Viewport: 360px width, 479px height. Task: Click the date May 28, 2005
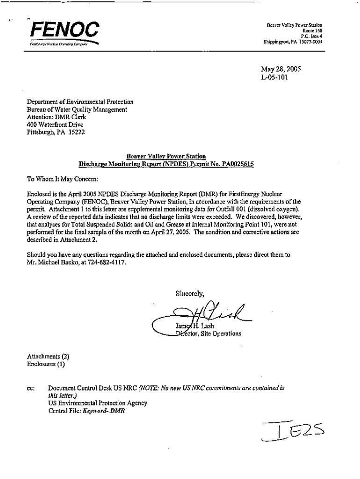(x=281, y=69)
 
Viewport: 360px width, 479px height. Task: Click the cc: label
(x=31, y=389)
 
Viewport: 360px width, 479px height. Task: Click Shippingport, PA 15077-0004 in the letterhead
(x=293, y=41)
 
